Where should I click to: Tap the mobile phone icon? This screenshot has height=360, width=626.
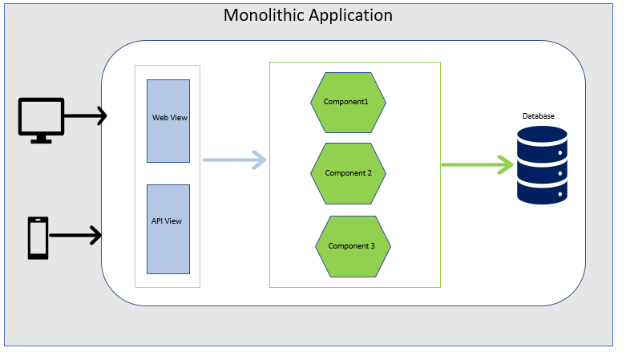38,237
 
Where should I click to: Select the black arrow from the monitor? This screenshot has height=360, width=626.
85,116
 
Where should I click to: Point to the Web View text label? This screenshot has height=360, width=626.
170,118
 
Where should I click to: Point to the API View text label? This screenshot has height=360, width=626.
167,220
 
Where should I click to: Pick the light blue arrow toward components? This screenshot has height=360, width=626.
234,160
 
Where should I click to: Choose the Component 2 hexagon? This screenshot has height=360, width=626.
348,173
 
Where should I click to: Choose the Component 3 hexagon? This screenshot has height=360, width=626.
353,245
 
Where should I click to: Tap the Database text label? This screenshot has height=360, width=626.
539,116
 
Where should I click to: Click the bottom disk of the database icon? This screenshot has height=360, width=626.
543,192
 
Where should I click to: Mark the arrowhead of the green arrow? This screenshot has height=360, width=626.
505,165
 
